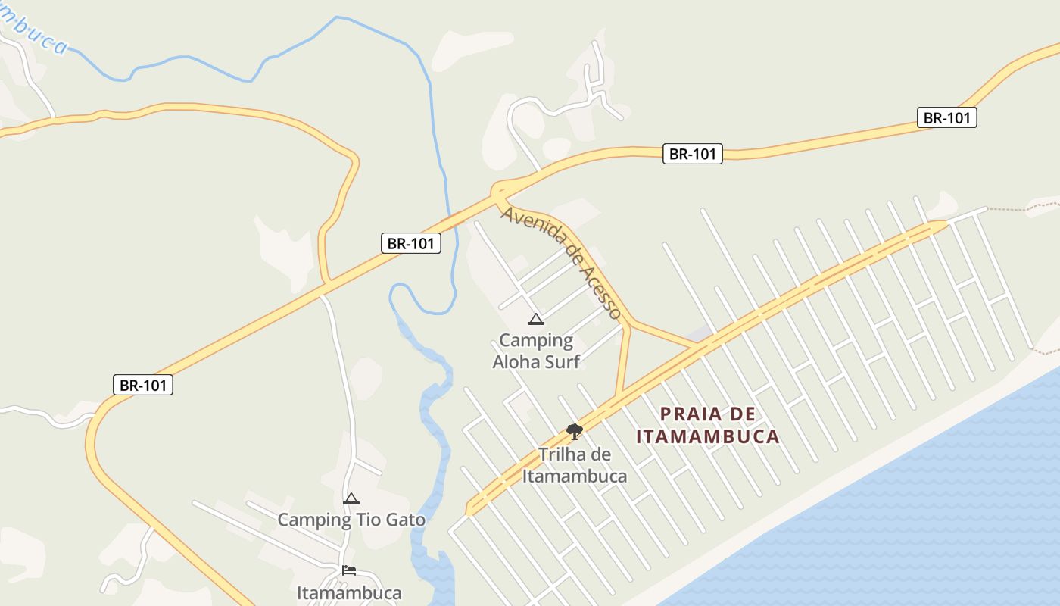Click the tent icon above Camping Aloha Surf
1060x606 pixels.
pyautogui.click(x=536, y=319)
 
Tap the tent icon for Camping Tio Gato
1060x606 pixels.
pyautogui.click(x=351, y=499)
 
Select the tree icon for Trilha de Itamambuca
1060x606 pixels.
pyautogui.click(x=575, y=432)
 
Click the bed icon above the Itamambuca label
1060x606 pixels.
pyautogui.click(x=349, y=570)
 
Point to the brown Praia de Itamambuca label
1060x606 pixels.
pyautogui.click(x=708, y=425)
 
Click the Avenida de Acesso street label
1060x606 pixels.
pyautogui.click(x=561, y=262)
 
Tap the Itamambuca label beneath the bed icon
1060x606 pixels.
pyautogui.click(x=349, y=592)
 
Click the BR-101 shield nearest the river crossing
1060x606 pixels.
pyautogui.click(x=410, y=243)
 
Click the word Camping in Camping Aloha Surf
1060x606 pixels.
pyautogui.click(x=536, y=341)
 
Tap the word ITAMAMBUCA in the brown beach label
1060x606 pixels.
pyautogui.click(x=708, y=436)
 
